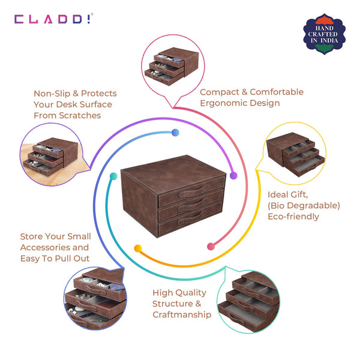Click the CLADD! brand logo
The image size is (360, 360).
tap(54, 19)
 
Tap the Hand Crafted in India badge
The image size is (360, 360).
tap(324, 34)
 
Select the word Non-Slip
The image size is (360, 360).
tap(52, 94)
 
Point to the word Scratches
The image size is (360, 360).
tap(80, 115)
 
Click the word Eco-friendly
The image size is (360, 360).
tap(293, 216)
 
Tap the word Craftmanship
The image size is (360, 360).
tap(182, 314)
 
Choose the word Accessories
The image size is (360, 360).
tap(45, 247)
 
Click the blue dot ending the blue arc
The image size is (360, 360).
tap(175, 133)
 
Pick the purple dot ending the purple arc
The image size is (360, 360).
tap(233, 176)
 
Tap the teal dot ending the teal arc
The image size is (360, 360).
tap(113, 176)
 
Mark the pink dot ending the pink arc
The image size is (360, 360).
tap(211, 247)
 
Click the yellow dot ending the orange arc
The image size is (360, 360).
tap(138, 248)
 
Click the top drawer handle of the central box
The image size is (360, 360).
tap(193, 191)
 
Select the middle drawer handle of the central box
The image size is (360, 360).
tap(193, 205)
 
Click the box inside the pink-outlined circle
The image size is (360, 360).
tap(172, 67)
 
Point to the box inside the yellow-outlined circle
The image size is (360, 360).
tap(295, 154)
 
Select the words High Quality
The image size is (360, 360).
tap(179, 293)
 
